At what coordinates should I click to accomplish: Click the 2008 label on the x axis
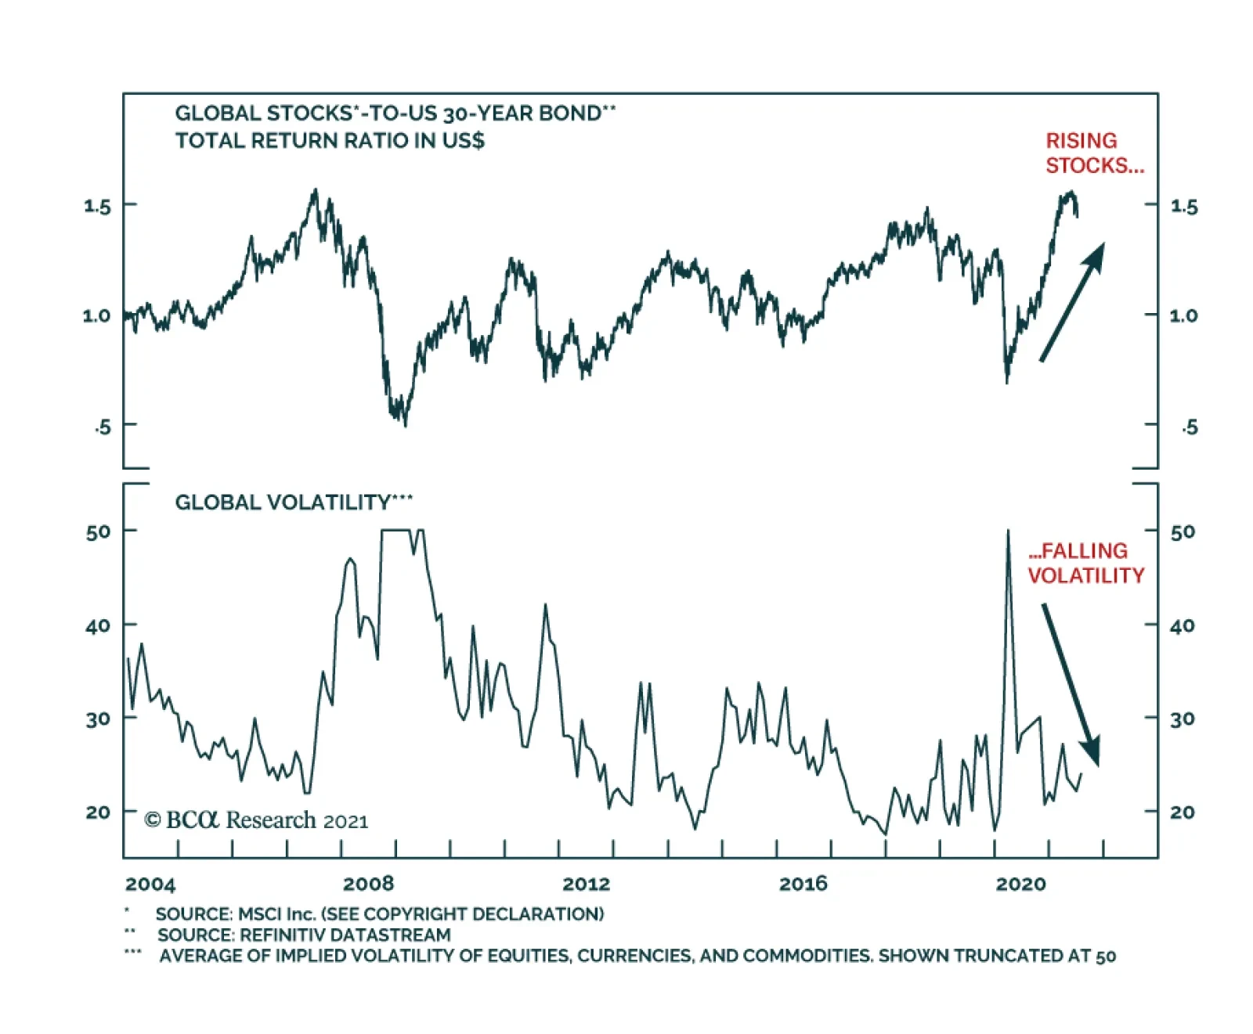pos(368,884)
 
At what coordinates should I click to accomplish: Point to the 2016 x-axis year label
pos(803,884)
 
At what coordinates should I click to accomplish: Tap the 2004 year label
pos(150,884)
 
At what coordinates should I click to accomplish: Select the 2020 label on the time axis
pos(1020,884)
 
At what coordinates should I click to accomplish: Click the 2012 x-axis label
pos(586,884)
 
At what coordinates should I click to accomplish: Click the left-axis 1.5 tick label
pos(97,206)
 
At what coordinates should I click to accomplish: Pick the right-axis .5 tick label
pos(1190,427)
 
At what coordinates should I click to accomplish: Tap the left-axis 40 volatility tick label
pos(97,626)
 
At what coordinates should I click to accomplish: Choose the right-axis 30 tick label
pos(1183,719)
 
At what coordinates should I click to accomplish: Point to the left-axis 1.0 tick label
pos(97,315)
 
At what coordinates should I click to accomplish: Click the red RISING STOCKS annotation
pos(1094,153)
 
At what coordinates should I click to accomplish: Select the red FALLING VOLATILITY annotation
pos(1085,563)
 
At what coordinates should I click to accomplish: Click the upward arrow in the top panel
pos(1072,302)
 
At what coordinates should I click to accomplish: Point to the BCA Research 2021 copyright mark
pos(256,820)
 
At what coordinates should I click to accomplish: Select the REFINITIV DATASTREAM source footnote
pos(304,935)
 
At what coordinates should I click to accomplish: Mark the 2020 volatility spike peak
pos(1008,531)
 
